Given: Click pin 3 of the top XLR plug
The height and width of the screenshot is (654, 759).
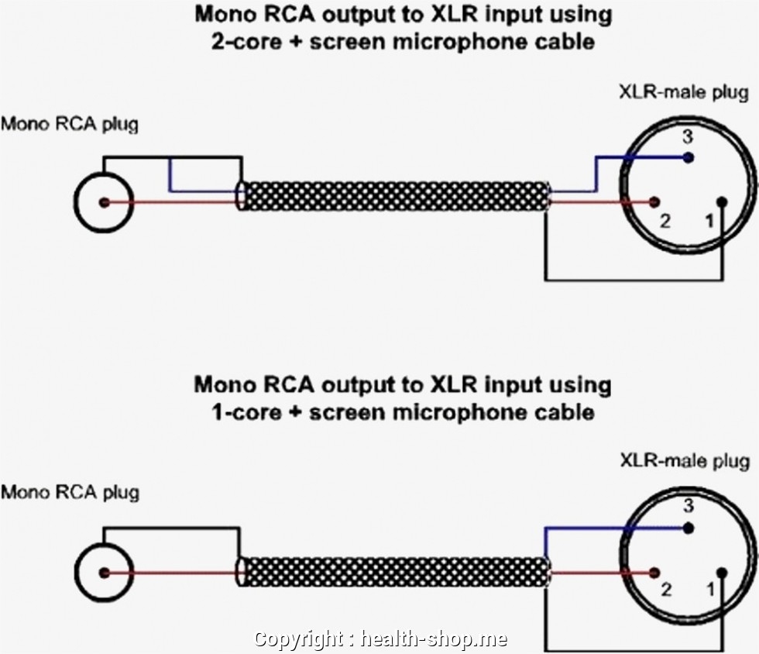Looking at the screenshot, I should tap(689, 157).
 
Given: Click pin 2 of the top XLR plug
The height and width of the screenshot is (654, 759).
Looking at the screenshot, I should tap(654, 203).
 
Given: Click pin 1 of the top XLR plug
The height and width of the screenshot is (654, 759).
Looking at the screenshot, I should tap(722, 203).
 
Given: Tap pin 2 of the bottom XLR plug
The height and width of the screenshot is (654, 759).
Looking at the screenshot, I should tap(654, 573).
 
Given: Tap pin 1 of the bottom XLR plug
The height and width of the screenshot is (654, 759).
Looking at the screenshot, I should tap(722, 573).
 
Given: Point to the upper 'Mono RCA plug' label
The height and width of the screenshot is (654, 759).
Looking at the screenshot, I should tap(69, 124).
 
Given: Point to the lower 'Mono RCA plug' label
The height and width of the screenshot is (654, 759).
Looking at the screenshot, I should tap(69, 492).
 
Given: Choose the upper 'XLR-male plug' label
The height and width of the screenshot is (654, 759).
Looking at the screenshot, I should tap(684, 93).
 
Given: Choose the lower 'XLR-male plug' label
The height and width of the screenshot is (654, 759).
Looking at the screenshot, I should tap(684, 462).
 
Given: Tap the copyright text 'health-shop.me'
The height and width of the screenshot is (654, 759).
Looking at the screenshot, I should tap(434, 639).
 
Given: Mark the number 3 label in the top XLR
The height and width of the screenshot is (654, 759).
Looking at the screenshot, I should tap(686, 138).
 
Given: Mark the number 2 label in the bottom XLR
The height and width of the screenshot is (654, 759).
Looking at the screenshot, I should tap(665, 590).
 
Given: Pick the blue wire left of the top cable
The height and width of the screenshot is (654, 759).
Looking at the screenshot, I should tap(201, 190).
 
